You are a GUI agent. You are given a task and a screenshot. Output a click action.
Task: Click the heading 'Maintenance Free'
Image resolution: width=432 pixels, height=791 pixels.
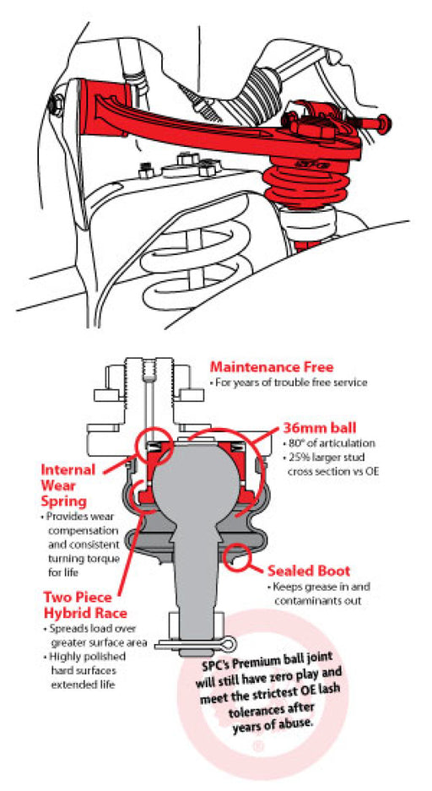(x=272, y=366)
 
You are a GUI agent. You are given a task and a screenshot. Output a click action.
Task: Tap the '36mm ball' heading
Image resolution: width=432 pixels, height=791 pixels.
(x=319, y=428)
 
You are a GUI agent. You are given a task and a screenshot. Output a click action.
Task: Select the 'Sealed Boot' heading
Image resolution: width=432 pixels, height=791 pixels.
(x=309, y=571)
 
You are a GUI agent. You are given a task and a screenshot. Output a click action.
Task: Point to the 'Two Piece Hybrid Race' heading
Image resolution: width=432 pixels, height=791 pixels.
(x=84, y=605)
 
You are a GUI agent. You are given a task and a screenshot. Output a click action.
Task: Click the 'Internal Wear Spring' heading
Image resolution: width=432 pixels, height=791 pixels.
(x=67, y=485)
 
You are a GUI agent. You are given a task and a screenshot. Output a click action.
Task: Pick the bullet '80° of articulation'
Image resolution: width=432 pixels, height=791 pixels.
(x=332, y=444)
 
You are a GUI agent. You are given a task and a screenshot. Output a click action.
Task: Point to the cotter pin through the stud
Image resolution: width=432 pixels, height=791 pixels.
(x=195, y=644)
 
